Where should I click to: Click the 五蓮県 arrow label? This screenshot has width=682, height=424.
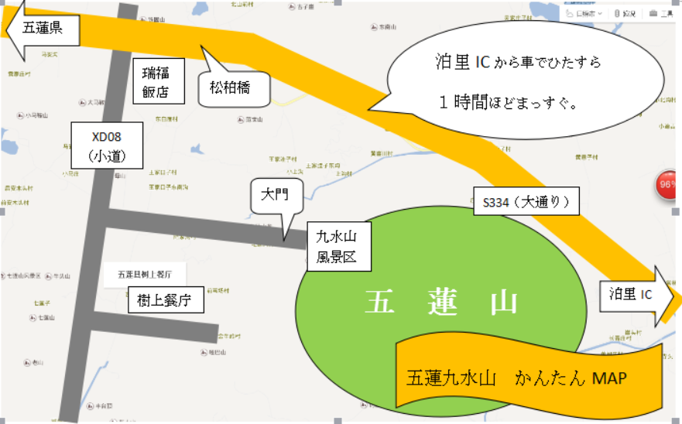(x=43, y=29)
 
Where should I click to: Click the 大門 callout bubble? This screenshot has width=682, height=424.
(x=275, y=196)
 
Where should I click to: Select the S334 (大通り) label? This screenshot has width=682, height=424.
(x=526, y=203)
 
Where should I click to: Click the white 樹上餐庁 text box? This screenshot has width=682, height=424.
(x=164, y=298)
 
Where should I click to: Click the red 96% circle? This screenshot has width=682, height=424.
(x=667, y=186)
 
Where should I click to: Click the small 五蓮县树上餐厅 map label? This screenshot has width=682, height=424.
(x=149, y=274)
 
